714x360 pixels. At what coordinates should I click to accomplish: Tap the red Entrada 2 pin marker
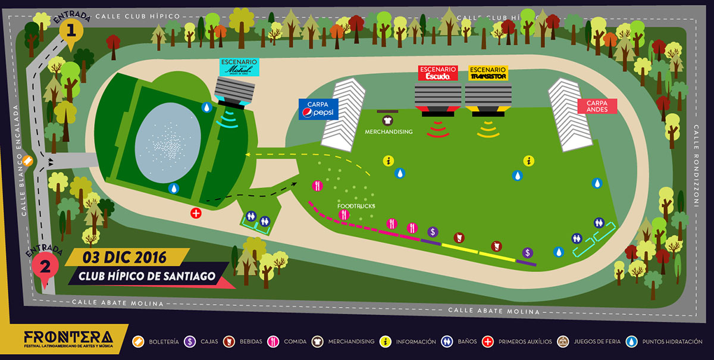click(43, 266)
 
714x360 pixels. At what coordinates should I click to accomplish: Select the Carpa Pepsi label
click(318, 109)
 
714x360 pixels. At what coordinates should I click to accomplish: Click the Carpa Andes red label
click(597, 106)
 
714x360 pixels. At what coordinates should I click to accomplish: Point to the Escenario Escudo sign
click(438, 73)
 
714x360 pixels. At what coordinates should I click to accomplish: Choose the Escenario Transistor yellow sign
click(488, 73)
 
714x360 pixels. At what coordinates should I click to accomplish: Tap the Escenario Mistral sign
click(239, 67)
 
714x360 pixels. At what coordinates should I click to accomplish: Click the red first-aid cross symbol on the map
click(196, 212)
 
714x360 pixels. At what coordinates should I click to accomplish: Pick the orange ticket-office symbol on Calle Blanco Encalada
click(28, 160)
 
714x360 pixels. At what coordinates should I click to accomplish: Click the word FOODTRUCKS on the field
click(355, 206)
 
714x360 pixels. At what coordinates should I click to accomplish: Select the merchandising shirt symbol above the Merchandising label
click(389, 120)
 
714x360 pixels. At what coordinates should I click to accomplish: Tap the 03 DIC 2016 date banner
click(125, 258)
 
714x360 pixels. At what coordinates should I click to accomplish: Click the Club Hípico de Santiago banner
click(146, 276)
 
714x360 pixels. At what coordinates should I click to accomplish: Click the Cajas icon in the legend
click(190, 342)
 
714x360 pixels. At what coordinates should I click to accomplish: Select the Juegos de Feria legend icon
click(562, 342)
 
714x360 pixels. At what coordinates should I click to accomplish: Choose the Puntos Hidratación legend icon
click(632, 342)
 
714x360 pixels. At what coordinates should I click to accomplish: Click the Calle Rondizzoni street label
click(696, 166)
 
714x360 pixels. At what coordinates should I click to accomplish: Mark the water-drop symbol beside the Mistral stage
click(206, 107)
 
